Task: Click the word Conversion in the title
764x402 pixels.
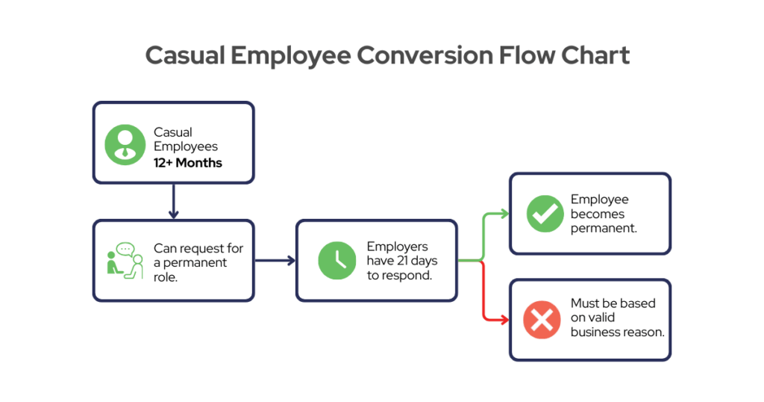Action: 425,55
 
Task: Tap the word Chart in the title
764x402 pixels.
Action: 595,55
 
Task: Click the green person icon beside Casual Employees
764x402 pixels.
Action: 125,145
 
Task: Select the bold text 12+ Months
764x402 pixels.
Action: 187,163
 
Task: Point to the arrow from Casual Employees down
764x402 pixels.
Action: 173,201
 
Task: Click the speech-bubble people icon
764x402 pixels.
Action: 125,261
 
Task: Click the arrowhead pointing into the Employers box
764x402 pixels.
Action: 292,261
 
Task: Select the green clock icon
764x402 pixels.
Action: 337,261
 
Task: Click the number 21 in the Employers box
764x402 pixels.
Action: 402,261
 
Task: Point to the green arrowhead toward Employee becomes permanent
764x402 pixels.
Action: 504,214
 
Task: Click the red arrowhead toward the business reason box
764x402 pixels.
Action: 504,320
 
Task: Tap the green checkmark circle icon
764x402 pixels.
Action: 545,214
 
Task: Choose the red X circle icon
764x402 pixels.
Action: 542,320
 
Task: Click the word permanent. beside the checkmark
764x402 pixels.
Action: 604,229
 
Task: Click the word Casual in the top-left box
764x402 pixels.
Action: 173,132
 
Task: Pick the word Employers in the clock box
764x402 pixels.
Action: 398,247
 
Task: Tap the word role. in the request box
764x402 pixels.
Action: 166,277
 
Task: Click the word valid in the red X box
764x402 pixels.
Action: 602,318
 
